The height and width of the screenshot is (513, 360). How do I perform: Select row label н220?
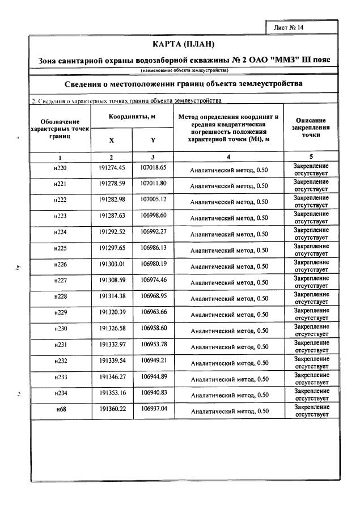(x=60, y=169)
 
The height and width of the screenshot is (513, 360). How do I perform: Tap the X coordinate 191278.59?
(x=112, y=184)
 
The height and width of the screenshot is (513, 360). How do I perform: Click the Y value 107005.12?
(x=153, y=200)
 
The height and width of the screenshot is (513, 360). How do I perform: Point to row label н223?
(x=60, y=216)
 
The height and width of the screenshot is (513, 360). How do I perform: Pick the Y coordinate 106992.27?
(x=153, y=231)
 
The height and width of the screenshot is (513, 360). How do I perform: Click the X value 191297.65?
(x=112, y=248)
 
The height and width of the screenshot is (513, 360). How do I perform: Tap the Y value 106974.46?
(x=153, y=279)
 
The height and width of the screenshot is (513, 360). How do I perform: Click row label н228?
(x=60, y=296)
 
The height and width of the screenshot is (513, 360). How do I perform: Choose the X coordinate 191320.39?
(x=112, y=312)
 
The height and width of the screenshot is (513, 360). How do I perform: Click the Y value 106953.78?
(x=153, y=344)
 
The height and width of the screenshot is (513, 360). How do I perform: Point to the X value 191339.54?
(x=112, y=360)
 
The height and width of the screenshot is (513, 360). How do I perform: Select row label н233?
(x=60, y=376)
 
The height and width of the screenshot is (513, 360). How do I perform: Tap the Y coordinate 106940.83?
(x=153, y=392)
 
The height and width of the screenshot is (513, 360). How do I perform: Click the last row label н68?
(x=60, y=408)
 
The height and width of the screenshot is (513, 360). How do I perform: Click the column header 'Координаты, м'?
(x=132, y=117)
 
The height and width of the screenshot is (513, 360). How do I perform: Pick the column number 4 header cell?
(x=228, y=156)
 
